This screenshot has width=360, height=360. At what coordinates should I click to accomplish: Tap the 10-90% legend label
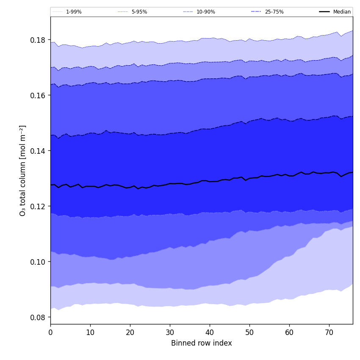205,12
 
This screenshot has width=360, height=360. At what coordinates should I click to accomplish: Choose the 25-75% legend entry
274,12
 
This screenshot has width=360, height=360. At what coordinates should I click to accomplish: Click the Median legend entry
342,12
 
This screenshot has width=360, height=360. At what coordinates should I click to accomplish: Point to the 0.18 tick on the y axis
39,40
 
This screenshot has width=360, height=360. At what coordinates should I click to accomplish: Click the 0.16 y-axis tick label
39,95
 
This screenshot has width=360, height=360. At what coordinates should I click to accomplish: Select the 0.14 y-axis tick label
39,151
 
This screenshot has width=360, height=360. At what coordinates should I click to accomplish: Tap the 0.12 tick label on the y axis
39,206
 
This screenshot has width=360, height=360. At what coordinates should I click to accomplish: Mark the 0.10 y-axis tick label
39,262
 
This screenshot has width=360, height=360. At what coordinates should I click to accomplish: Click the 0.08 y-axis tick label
39,317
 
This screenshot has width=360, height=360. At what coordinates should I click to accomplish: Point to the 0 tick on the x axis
50,332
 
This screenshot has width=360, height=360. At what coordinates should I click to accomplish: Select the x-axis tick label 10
90,332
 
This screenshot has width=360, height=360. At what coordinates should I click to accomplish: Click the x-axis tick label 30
170,332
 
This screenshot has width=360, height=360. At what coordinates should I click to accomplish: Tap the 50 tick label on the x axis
249,332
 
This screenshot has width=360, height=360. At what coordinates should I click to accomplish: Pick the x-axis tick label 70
329,332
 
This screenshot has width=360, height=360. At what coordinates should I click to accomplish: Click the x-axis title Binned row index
202,343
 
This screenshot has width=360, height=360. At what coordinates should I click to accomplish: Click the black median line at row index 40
210,181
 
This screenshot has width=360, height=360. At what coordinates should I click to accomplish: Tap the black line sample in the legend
324,12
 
